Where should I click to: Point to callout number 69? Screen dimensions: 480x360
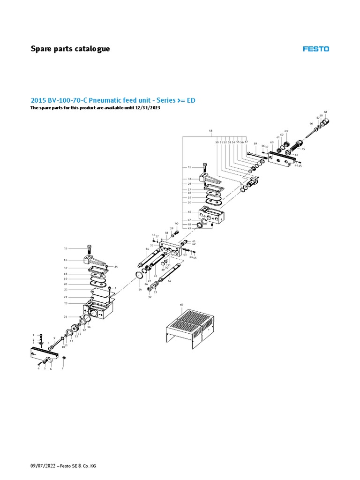[x=182, y=305]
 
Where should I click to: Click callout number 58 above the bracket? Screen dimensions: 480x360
[x=211, y=130]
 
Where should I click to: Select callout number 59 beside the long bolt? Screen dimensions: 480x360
[x=255, y=144]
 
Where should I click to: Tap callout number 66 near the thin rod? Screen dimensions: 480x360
[x=311, y=124]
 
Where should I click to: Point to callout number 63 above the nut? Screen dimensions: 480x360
[x=286, y=131]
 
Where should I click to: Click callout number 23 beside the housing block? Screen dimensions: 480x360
[x=66, y=304]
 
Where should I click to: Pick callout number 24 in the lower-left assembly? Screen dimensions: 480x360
[x=66, y=317]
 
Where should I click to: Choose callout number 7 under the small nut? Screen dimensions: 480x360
[x=62, y=369]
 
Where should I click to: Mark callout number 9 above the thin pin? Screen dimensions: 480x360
[x=54, y=338]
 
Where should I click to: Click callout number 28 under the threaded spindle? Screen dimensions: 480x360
[x=155, y=276]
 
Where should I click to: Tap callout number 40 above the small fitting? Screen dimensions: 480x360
[x=177, y=224]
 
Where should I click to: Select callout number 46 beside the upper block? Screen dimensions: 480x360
[x=190, y=212]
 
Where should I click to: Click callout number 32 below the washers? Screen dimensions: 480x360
[x=150, y=297]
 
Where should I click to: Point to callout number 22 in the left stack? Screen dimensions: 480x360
[x=66, y=297]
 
